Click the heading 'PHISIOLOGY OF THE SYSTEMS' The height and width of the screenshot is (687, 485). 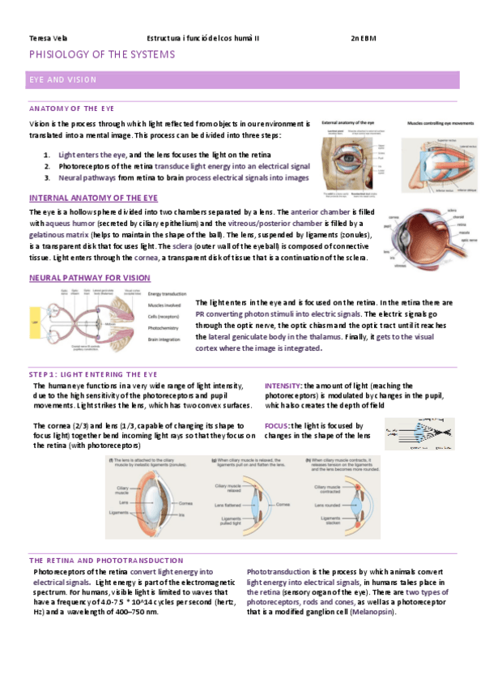coord(101,55)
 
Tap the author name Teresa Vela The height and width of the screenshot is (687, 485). coord(44,38)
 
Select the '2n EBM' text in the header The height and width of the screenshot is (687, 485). coord(364,38)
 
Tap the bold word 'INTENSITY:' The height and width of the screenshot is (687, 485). coord(283,385)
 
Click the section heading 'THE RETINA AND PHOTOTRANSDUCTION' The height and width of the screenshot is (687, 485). coord(105,561)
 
